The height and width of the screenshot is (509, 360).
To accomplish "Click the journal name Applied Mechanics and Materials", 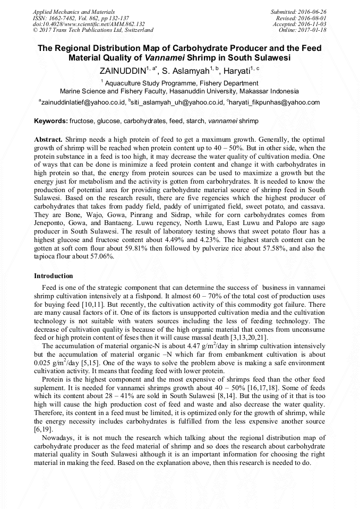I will point(67,12).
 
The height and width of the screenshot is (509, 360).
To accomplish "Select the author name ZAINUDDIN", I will point(122,70).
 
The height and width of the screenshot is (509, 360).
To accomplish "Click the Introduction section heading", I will point(54,276).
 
